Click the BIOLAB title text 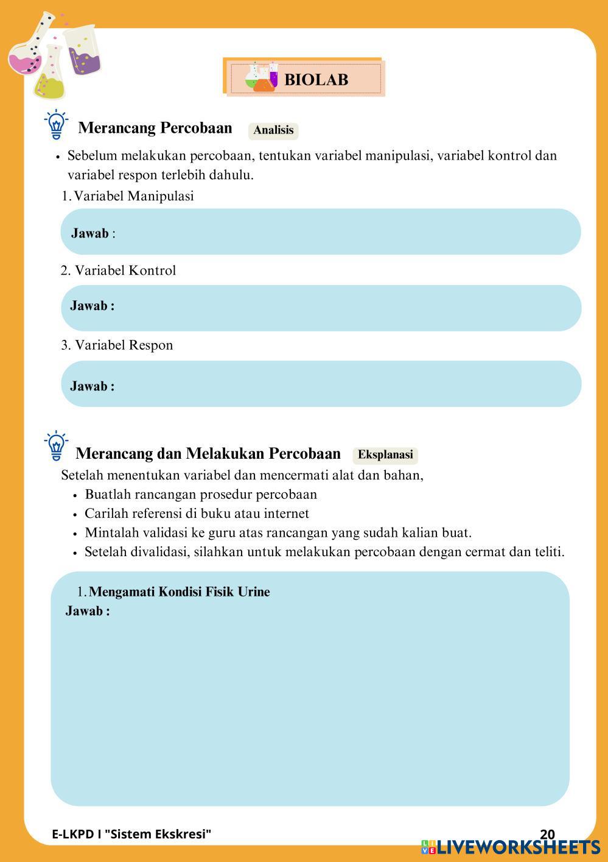click(x=316, y=79)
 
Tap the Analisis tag click(x=273, y=130)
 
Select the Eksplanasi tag click(x=385, y=454)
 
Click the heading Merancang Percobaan click(x=155, y=128)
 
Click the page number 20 click(x=547, y=834)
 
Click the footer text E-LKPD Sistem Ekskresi click(x=131, y=834)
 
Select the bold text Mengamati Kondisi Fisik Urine click(x=179, y=592)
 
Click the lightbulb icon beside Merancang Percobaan click(x=56, y=125)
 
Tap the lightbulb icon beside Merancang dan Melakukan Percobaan click(x=56, y=447)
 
